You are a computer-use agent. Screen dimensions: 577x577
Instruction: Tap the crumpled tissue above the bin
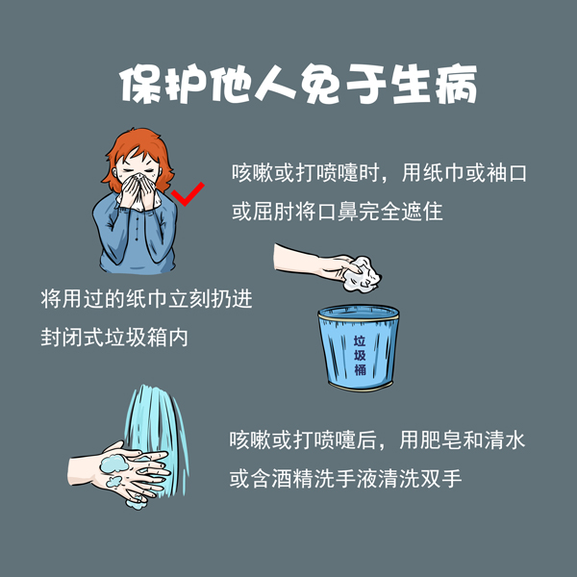coord(363,274)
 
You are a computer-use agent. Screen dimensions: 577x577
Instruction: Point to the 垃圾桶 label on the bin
coord(359,354)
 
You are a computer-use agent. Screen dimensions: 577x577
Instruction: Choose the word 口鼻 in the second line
coord(337,211)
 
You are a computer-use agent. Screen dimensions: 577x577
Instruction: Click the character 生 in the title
coord(402,86)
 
